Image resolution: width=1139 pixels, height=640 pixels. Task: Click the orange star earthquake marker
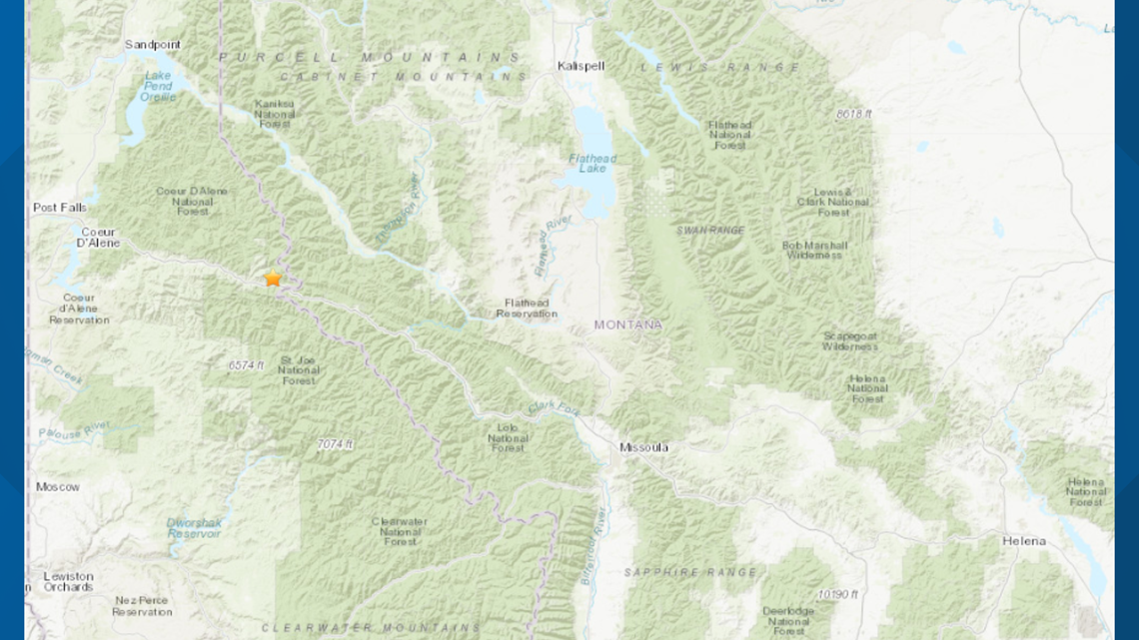click(273, 279)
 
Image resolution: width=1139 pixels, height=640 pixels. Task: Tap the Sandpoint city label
click(152, 45)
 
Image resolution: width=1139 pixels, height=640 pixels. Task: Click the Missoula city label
click(643, 447)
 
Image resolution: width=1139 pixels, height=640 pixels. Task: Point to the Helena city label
click(1024, 541)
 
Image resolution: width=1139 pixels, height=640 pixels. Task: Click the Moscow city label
click(57, 486)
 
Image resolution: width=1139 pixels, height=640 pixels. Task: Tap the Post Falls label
click(60, 208)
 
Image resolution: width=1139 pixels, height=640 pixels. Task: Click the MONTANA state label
click(627, 324)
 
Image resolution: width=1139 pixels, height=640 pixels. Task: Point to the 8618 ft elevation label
click(853, 114)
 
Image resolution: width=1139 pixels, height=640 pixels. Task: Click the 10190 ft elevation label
click(837, 594)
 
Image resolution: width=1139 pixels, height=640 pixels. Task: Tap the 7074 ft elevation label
click(335, 443)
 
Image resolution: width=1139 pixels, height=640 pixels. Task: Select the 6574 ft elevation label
click(246, 365)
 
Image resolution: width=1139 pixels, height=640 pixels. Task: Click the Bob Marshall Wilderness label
click(814, 250)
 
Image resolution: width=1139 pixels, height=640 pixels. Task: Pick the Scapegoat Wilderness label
click(850, 340)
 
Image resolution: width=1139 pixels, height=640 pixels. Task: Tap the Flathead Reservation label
click(527, 308)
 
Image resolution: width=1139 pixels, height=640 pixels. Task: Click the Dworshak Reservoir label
click(193, 527)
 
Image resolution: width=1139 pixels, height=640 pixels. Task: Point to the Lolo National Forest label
click(508, 437)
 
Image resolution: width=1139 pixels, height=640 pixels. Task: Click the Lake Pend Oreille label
click(158, 86)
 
